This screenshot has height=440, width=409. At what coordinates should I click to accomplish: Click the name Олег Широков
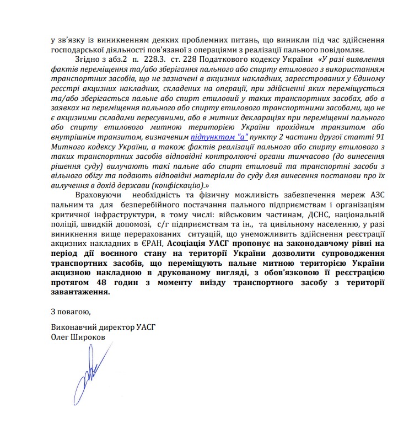77,336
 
